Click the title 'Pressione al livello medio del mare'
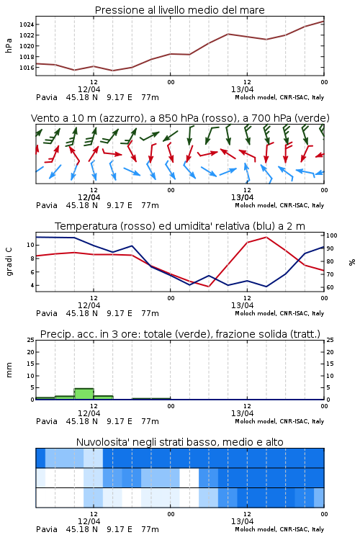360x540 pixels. tap(179, 10)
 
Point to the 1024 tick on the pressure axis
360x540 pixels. tap(27, 24)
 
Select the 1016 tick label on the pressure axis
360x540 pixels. tap(27, 68)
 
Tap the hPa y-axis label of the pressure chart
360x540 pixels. tap(9, 45)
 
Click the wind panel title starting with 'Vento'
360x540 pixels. tap(180, 118)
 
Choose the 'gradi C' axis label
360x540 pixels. tap(9, 261)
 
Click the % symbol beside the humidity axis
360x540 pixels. tap(352, 262)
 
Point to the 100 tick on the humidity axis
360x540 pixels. tap(332, 235)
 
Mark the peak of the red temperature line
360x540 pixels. tap(266, 238)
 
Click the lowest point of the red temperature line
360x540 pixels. tap(208, 286)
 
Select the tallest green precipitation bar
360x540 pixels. tap(84, 394)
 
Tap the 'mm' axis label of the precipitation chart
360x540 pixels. tap(9, 370)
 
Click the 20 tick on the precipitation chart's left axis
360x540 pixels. tap(31, 352)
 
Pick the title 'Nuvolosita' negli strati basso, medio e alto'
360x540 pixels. tap(179, 442)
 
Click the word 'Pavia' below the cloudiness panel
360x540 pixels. tap(47, 529)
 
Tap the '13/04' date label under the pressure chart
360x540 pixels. tap(242, 89)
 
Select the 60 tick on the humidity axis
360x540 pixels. tap(330, 287)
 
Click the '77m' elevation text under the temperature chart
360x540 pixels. tap(150, 313)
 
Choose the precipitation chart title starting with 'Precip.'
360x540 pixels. tap(180, 334)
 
